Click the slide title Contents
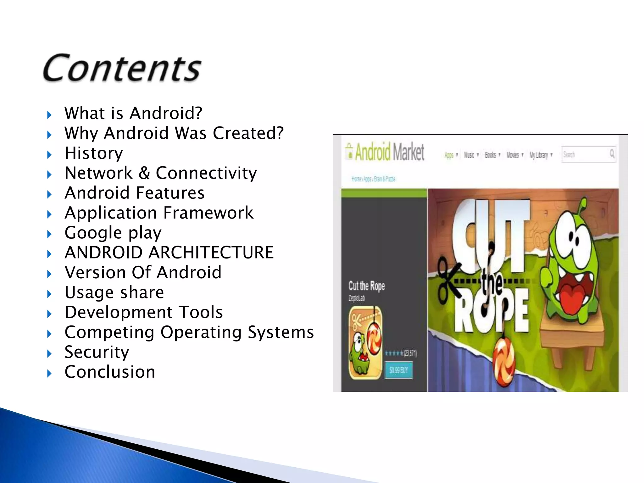[122, 68]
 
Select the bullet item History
[94, 153]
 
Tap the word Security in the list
[97, 352]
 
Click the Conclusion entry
[110, 372]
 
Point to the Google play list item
[113, 233]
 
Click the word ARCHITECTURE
[211, 253]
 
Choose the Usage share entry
[114, 292]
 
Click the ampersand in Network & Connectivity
[144, 173]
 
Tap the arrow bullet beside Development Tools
[49, 314]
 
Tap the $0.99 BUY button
[398, 370]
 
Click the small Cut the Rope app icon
[365, 343]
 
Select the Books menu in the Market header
[491, 155]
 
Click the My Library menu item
[539, 155]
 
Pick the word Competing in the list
[109, 332]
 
